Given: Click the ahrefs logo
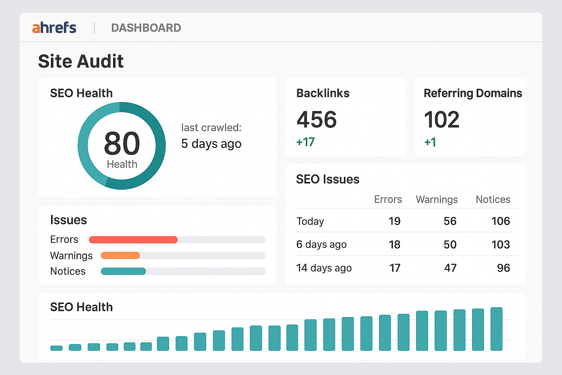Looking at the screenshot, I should [54, 28].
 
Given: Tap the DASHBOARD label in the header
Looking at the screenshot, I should [146, 28].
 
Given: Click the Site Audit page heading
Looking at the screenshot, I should [81, 61].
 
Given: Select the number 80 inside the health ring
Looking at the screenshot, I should [122, 143].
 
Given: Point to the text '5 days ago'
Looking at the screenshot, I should [211, 144].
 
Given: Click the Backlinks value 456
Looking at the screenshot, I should [317, 119].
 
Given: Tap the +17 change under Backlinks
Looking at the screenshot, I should [305, 142].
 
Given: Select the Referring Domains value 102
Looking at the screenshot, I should [442, 119].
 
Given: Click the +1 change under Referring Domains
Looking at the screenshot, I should [430, 142].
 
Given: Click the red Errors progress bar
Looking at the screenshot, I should [133, 240].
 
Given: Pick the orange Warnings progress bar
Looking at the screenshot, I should [120, 255].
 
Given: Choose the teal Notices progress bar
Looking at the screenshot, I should [124, 271].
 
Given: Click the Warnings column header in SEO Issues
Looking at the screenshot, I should [437, 199].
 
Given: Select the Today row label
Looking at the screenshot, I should [310, 221].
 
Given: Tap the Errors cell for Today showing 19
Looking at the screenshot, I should [394, 221].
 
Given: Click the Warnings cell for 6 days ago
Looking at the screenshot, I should [450, 244].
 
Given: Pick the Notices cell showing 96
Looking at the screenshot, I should [503, 268].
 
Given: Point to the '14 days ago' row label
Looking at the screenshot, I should [324, 268].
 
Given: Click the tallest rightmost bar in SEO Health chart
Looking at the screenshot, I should [496, 329].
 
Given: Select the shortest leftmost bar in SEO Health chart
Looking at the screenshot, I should [56, 348].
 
